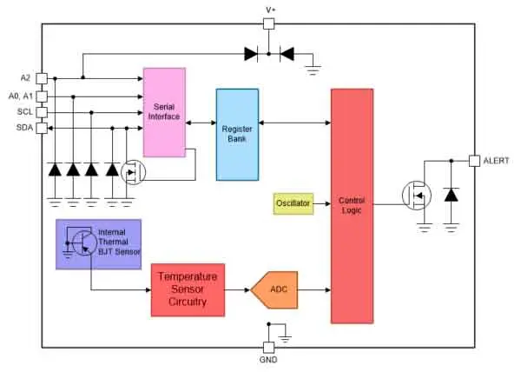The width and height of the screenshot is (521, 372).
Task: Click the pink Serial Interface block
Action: (165, 111)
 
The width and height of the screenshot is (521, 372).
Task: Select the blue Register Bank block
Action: (237, 134)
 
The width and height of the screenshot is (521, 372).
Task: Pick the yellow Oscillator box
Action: (293, 204)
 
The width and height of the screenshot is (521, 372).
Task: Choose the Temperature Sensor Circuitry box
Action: (188, 289)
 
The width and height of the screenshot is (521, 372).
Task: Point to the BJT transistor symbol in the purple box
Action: (81, 242)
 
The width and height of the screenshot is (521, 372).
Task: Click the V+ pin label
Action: (269, 10)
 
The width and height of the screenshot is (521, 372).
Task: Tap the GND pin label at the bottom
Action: (268, 359)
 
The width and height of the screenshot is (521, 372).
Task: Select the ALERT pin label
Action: (497, 161)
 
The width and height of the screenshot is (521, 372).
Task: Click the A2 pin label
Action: (24, 77)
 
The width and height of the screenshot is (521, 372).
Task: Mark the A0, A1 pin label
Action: (19, 96)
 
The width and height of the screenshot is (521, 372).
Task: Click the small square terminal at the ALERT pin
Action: (474, 161)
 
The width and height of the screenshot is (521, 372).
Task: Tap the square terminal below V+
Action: (269, 24)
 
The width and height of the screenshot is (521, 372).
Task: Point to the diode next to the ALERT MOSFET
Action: (451, 194)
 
